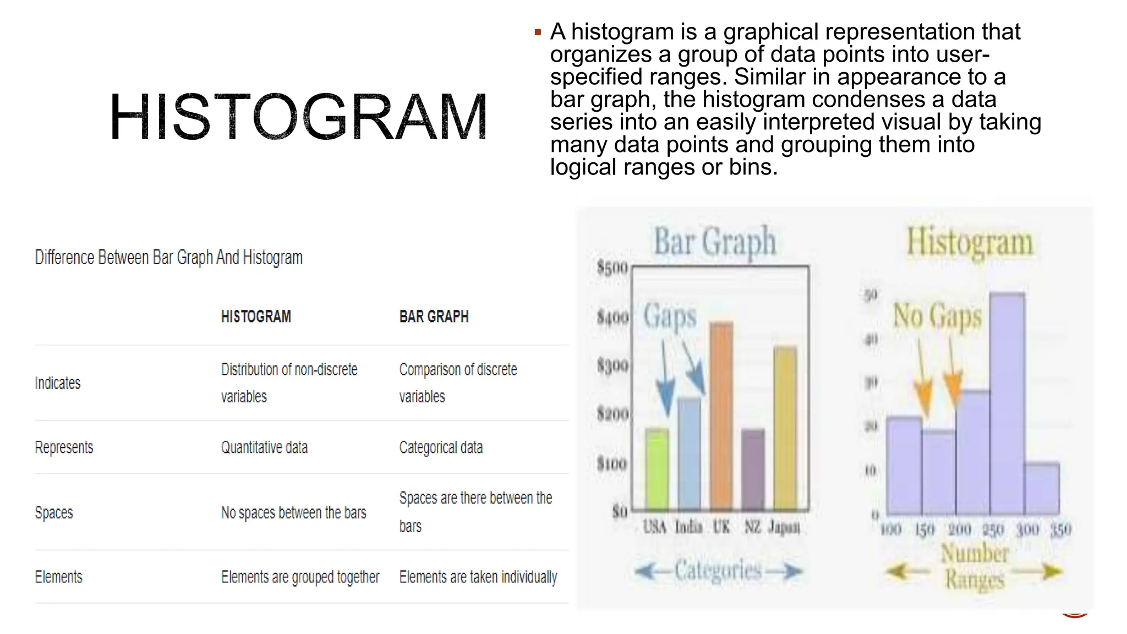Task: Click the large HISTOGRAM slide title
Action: pyautogui.click(x=298, y=117)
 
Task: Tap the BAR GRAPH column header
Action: pyautogui.click(x=434, y=316)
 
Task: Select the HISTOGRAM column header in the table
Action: pyautogui.click(x=256, y=316)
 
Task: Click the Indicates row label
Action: pyautogui.click(x=58, y=383)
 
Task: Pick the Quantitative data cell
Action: pyautogui.click(x=264, y=447)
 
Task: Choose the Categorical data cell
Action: pyautogui.click(x=441, y=447)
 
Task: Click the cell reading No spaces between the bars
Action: pyautogui.click(x=293, y=513)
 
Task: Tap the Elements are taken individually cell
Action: pyautogui.click(x=478, y=577)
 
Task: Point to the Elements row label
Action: pyautogui.click(x=58, y=577)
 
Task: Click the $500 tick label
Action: pyautogui.click(x=612, y=268)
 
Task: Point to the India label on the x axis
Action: pyautogui.click(x=688, y=527)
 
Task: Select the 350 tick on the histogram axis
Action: pyautogui.click(x=1060, y=530)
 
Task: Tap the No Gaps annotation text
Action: pyautogui.click(x=937, y=316)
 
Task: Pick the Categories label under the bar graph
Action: pyautogui.click(x=718, y=571)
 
